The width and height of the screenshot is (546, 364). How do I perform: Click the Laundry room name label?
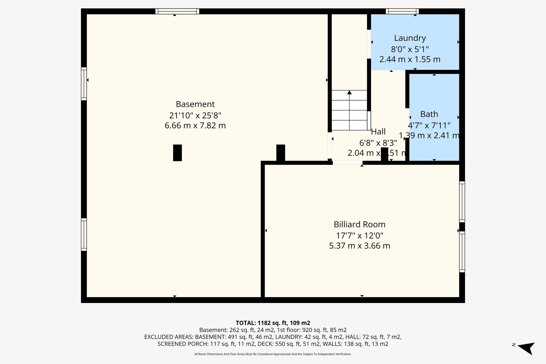tap(410, 38)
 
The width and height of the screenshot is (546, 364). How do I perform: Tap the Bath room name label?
tap(429, 114)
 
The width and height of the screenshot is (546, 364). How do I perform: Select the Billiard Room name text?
tap(359, 224)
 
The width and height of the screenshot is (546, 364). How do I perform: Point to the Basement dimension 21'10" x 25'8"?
tap(195, 115)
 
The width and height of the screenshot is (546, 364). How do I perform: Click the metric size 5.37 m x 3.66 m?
tap(359, 246)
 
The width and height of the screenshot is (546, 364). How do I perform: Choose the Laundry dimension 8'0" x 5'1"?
tap(410, 49)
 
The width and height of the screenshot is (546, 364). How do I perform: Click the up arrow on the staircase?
tap(349, 93)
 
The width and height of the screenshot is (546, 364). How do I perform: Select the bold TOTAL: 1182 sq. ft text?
tap(273, 323)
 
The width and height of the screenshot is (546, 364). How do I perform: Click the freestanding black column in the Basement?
tap(177, 153)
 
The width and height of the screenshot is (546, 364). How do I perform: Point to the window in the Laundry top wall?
tap(402, 11)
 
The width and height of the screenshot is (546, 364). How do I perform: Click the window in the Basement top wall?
tap(177, 11)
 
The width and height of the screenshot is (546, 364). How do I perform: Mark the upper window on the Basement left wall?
tap(84, 84)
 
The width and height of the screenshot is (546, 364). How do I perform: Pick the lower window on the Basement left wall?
tap(84, 234)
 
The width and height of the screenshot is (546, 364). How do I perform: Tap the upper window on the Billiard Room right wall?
tap(462, 202)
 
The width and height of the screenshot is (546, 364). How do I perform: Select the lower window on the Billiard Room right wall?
tap(462, 252)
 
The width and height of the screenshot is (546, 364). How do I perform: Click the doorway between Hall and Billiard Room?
tap(347, 163)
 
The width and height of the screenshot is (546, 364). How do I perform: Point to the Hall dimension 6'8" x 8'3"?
tap(378, 143)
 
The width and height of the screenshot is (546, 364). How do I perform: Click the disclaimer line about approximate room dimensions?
tap(273, 354)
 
